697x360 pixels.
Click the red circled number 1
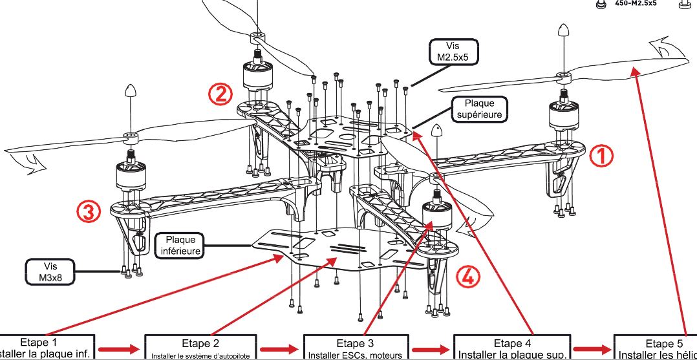(600, 155)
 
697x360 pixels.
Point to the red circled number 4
(468, 277)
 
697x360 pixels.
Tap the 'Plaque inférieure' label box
(180, 245)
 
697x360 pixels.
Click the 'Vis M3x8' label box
(50, 271)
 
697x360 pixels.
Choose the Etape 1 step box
(48, 348)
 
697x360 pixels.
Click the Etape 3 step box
(355, 348)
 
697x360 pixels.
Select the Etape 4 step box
(511, 348)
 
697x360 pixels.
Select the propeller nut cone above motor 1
(563, 31)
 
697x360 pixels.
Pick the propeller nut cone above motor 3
(130, 91)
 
